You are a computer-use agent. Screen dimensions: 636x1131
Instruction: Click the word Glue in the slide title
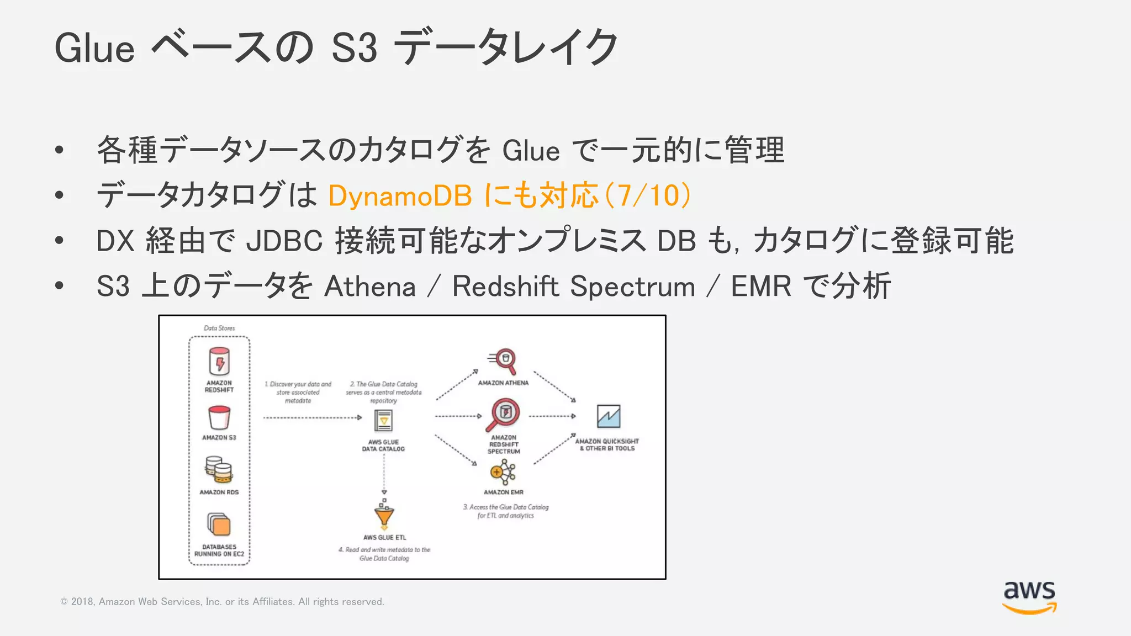tap(94, 49)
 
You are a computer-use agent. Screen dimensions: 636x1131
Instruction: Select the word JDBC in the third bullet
tap(284, 241)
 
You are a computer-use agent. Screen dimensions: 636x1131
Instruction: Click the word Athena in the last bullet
tap(369, 287)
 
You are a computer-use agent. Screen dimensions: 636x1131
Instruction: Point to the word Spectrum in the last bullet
tap(632, 287)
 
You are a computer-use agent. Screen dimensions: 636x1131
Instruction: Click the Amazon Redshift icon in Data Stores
tap(219, 362)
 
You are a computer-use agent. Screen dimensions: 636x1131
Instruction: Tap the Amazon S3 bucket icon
tap(219, 417)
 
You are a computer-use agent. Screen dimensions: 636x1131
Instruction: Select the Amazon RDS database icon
tap(219, 470)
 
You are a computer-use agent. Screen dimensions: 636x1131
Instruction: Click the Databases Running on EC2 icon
tap(219, 524)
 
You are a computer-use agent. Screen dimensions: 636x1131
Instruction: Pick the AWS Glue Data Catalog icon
tap(383, 421)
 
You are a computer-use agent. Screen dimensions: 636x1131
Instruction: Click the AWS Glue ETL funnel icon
tap(384, 516)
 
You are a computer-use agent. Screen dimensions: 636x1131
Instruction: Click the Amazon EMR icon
tap(503, 473)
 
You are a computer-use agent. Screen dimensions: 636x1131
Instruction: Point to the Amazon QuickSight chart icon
tap(608, 416)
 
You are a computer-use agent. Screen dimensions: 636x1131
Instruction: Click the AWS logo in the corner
tap(1029, 597)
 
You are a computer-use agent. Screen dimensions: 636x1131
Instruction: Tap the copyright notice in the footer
tap(222, 602)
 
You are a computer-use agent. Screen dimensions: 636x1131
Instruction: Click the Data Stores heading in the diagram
tap(219, 328)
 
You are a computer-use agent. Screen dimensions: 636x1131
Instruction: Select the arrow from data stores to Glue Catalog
tap(312, 418)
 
